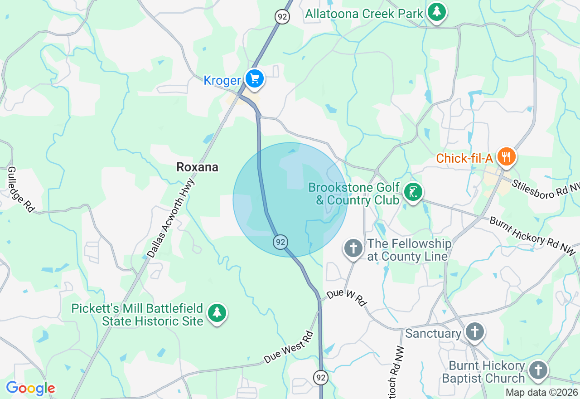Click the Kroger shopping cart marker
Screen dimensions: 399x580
255,79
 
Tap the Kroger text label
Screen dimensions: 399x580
222,81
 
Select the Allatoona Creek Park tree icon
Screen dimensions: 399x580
436,12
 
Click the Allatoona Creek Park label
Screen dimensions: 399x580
364,14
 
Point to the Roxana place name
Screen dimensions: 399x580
197,167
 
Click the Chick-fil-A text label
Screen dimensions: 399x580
464,159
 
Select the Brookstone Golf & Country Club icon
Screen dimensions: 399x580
413,193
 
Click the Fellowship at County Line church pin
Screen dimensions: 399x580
353,248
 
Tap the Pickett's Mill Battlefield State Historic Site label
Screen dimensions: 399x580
138,315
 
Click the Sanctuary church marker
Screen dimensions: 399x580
474,332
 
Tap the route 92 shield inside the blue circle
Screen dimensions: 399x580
280,242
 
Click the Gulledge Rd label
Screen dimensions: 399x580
21,189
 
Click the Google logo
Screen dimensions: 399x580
30,388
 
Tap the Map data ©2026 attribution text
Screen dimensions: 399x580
542,393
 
